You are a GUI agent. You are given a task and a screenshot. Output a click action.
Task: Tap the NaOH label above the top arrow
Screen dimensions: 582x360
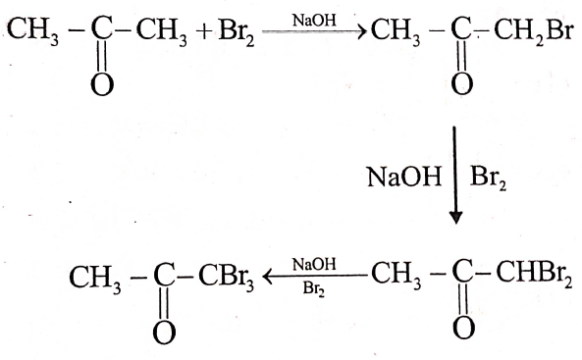tap(314, 20)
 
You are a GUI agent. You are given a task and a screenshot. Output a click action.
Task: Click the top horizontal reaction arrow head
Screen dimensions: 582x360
tap(361, 31)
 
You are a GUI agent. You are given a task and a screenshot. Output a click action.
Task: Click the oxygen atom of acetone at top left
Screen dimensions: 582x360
tap(102, 84)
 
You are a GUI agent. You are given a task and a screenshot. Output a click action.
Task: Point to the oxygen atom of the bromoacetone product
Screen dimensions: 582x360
tap(462, 84)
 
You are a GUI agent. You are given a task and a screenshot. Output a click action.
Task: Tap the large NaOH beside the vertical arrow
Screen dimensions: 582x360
tap(404, 177)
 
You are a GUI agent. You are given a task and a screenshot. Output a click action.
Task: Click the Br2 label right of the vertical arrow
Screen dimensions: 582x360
tap(488, 178)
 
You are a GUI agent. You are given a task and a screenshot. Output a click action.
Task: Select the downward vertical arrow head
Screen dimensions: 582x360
tap(455, 218)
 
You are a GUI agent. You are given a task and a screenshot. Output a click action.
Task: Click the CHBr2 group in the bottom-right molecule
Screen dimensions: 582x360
tap(534, 277)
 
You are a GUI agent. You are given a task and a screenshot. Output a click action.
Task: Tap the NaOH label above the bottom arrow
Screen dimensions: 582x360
tap(314, 264)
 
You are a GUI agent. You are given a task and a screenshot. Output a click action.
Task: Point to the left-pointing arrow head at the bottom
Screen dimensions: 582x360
tap(268, 277)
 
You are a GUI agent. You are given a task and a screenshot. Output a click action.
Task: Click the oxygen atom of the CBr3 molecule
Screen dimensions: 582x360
tap(164, 333)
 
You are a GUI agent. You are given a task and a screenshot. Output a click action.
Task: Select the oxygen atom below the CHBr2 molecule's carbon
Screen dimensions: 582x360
tap(464, 328)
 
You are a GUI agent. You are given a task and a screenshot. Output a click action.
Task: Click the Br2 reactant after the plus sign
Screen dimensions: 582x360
tap(237, 32)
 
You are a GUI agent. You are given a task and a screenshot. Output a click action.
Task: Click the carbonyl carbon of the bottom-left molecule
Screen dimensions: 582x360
tap(164, 277)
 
